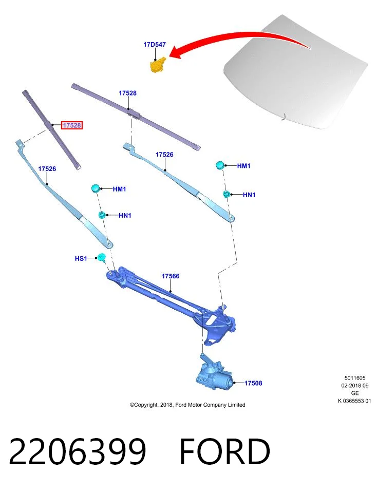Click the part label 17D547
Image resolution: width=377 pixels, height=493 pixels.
pyautogui.click(x=155, y=45)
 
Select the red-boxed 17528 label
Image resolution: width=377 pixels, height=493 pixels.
pyautogui.click(x=72, y=125)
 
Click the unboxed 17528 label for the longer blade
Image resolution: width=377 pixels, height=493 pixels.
pyautogui.click(x=128, y=93)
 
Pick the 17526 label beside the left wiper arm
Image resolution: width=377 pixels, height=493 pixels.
pyautogui.click(x=47, y=169)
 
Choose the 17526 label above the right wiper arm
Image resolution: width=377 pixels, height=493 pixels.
pyautogui.click(x=164, y=155)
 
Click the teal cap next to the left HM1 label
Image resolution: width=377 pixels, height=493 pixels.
pyautogui.click(x=95, y=188)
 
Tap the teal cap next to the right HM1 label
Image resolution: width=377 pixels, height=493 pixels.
pyautogui.click(x=220, y=165)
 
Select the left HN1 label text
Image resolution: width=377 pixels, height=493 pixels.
pyautogui.click(x=125, y=215)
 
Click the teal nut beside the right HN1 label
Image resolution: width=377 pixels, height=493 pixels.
pyautogui.click(x=226, y=194)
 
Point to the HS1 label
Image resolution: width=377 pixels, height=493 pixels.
pyautogui.click(x=81, y=258)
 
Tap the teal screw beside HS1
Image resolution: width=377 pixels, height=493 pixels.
pyautogui.click(x=102, y=257)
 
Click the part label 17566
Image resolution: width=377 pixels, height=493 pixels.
pyautogui.click(x=171, y=276)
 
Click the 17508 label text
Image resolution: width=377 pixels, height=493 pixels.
pyautogui.click(x=253, y=383)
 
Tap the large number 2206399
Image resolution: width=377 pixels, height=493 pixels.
pyautogui.click(x=78, y=451)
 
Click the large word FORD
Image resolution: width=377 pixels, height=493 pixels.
pyautogui.click(x=225, y=451)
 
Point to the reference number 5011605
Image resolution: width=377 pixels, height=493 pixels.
pyautogui.click(x=355, y=378)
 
